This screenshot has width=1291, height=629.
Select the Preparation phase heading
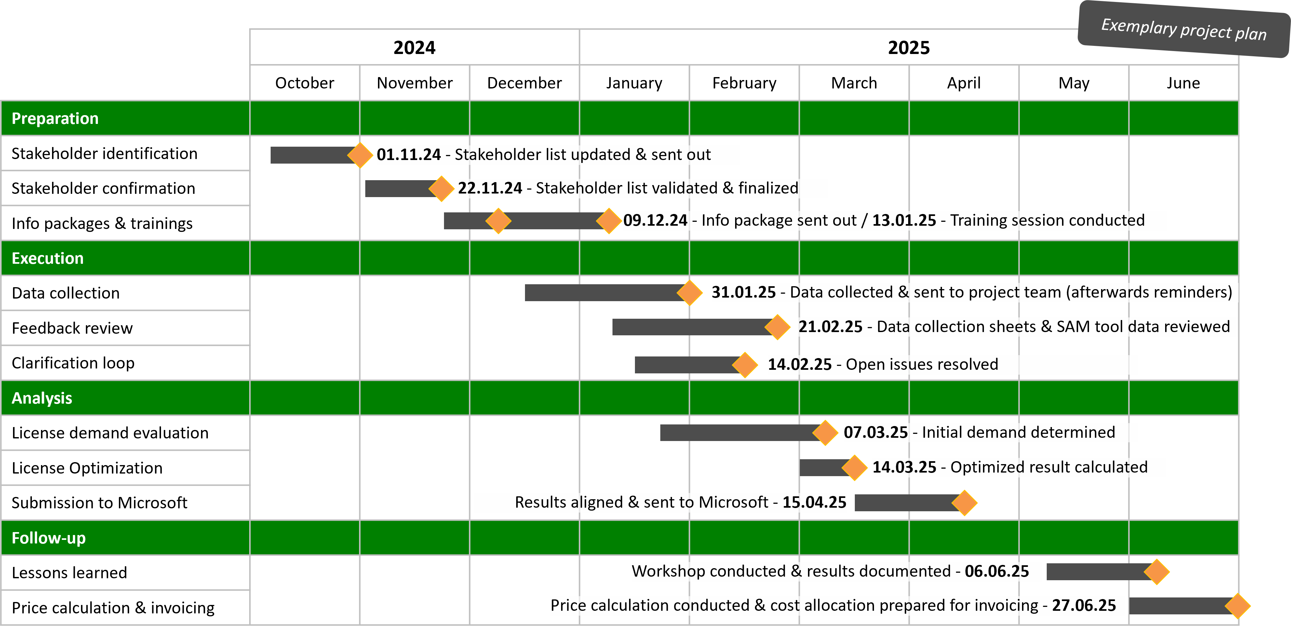coord(55,118)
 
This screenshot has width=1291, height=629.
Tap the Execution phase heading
coord(47,258)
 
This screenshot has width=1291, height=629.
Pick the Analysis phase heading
coord(42,398)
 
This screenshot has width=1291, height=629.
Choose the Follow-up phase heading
coord(48,538)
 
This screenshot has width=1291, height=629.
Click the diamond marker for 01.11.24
coord(360,155)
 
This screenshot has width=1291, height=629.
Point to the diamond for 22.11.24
coord(441,188)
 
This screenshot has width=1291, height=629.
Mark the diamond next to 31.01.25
coord(690,293)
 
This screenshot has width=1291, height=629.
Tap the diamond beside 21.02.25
coord(777,327)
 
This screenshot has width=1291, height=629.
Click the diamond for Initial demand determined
coord(825,433)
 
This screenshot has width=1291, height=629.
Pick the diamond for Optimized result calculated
coord(854,468)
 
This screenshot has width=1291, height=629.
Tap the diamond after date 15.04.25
coord(964,503)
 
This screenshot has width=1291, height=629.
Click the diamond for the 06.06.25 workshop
coord(1157,572)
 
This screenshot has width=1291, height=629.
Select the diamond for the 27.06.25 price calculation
coord(1237,606)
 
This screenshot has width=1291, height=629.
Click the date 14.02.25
coord(800,364)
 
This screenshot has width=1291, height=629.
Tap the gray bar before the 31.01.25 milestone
coord(601,293)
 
